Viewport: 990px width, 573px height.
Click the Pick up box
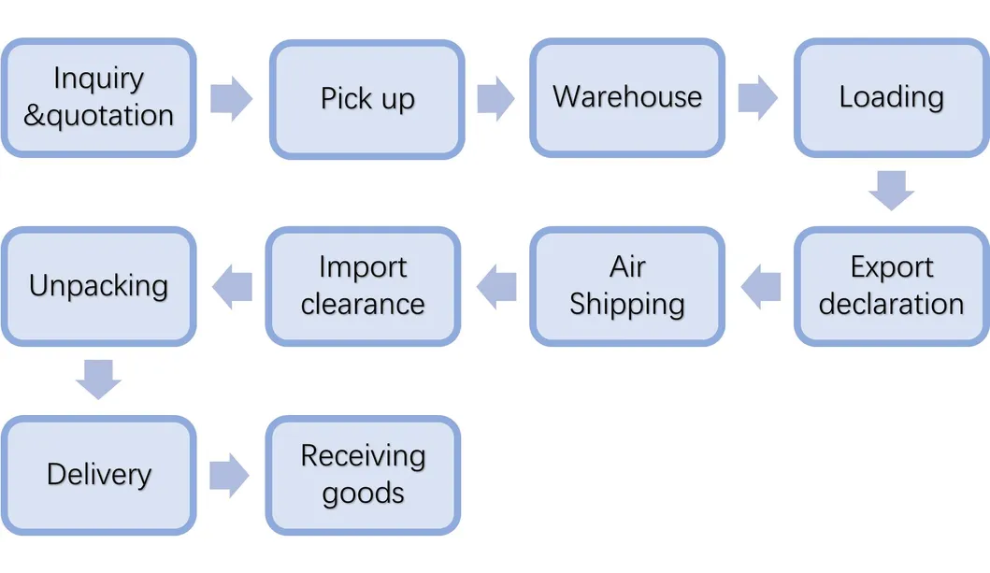point(366,99)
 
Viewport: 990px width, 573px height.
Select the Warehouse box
point(627,97)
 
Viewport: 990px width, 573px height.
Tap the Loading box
point(891,97)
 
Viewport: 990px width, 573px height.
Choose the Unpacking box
point(98,286)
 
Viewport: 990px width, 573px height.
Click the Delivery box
point(98,475)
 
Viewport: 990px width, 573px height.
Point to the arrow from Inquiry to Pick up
point(231,98)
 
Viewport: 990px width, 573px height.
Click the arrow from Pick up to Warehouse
point(495,98)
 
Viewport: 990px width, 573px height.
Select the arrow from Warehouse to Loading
point(757,98)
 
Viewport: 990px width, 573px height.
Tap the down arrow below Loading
point(891,190)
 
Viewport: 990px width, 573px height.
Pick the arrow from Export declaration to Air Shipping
point(761,286)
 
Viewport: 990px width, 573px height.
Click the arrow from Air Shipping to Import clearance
point(496,286)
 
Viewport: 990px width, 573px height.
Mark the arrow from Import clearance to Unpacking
point(232,286)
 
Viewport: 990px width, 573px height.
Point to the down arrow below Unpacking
point(98,379)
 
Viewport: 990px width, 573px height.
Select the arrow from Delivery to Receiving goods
point(229,476)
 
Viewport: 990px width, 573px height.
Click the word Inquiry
point(98,79)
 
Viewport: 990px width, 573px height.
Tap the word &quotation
point(98,116)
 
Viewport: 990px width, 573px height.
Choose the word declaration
point(891,305)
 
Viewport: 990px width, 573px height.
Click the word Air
point(627,267)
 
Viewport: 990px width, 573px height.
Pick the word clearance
point(363,305)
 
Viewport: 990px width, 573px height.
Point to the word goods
point(363,494)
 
